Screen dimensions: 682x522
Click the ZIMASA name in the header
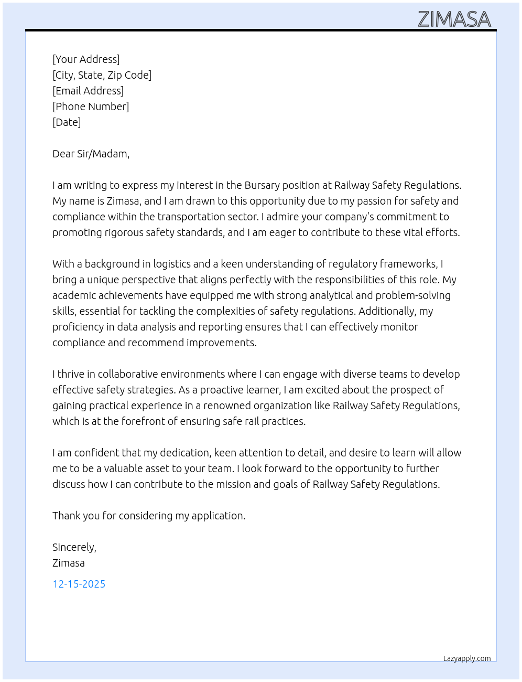click(x=454, y=19)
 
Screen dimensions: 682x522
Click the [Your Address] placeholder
click(x=86, y=59)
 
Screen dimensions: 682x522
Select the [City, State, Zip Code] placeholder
click(x=102, y=75)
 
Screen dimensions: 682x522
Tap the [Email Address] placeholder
click(x=88, y=91)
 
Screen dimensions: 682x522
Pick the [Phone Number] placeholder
click(x=91, y=106)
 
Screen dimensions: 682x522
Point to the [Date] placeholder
click(x=67, y=122)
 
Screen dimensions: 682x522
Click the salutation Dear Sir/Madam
click(x=91, y=154)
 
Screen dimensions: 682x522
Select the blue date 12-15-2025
click(x=79, y=584)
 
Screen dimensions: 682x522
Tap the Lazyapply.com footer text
click(x=467, y=658)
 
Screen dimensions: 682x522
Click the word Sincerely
click(x=74, y=547)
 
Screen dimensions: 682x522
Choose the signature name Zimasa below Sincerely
click(x=68, y=563)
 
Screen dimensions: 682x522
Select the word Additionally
click(x=387, y=311)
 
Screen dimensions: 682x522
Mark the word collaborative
click(x=127, y=374)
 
